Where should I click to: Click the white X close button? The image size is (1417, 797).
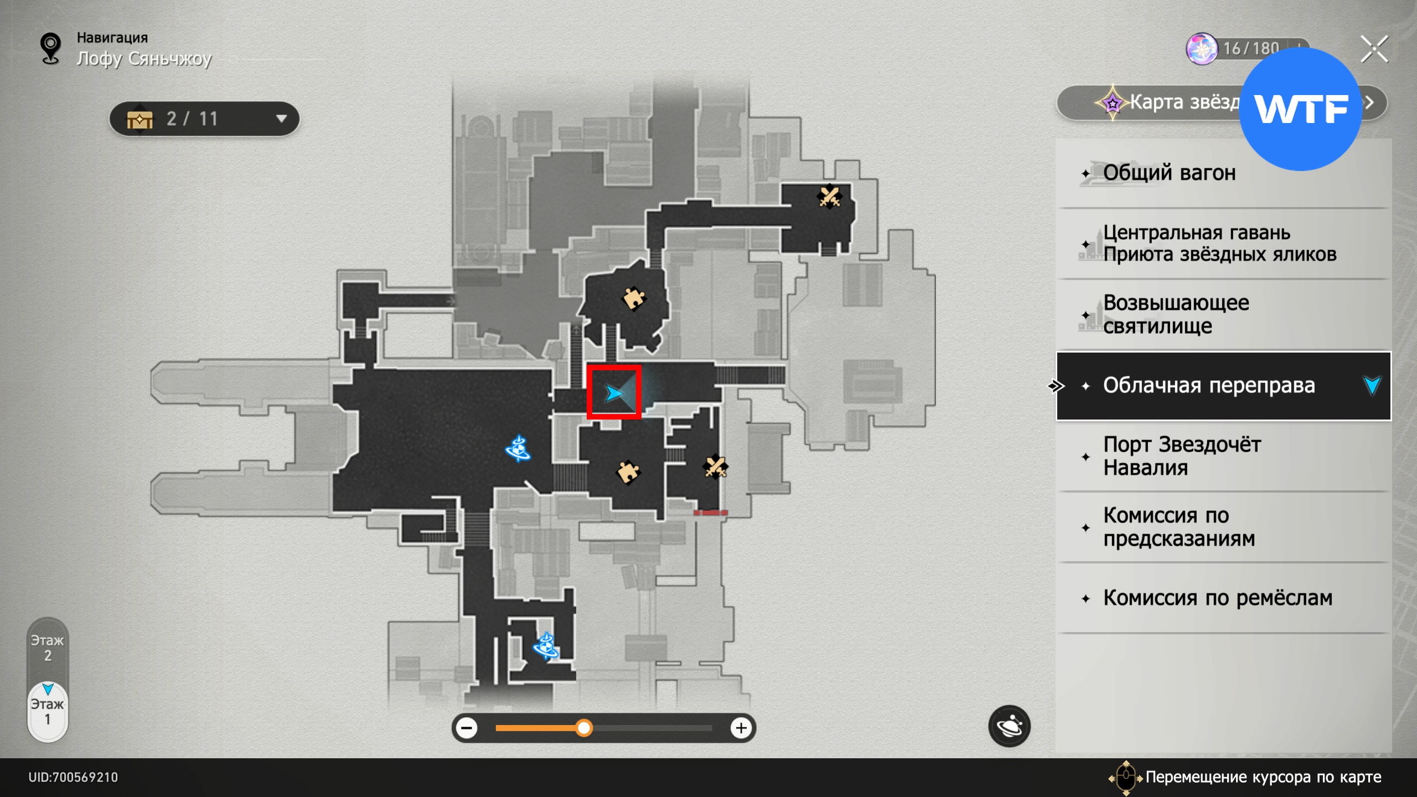point(1374,49)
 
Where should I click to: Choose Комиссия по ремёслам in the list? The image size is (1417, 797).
point(1217,598)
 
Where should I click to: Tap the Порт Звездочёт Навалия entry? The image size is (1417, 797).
point(1182,456)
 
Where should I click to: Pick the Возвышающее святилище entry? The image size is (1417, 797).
point(1176,314)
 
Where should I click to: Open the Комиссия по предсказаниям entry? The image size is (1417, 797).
point(1179,527)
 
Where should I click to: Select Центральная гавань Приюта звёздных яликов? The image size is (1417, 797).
point(1219,244)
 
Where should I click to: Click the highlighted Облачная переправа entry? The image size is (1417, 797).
point(1208,386)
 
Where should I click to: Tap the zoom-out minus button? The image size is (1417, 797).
point(467,728)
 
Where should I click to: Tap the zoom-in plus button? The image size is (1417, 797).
point(741,728)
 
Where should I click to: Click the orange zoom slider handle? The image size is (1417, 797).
point(583,728)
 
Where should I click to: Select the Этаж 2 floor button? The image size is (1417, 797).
point(48,648)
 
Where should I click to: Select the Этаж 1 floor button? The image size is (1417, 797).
point(48,712)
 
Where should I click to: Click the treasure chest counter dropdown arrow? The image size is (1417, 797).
point(281,118)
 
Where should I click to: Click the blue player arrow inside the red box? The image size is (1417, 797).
point(613,393)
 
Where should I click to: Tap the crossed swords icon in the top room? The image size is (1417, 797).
point(829,196)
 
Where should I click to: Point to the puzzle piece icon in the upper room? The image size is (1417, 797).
point(634,299)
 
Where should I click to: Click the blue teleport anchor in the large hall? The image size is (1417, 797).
point(518,449)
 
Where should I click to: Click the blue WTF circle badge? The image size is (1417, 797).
point(1300,109)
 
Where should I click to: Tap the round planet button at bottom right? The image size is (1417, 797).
point(1009,726)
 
